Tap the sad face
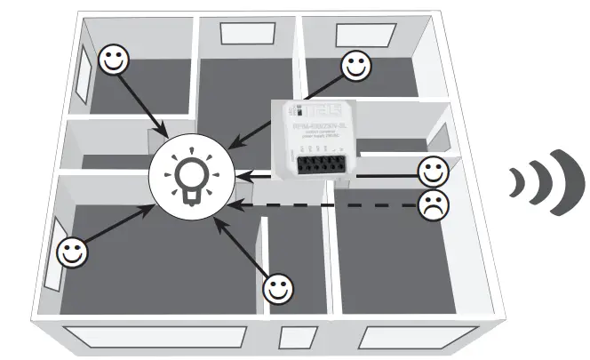(433, 205)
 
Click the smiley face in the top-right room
(355, 64)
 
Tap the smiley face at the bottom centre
(279, 288)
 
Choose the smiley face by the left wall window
(72, 251)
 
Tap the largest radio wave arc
(560, 183)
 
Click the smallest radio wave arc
(516, 182)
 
